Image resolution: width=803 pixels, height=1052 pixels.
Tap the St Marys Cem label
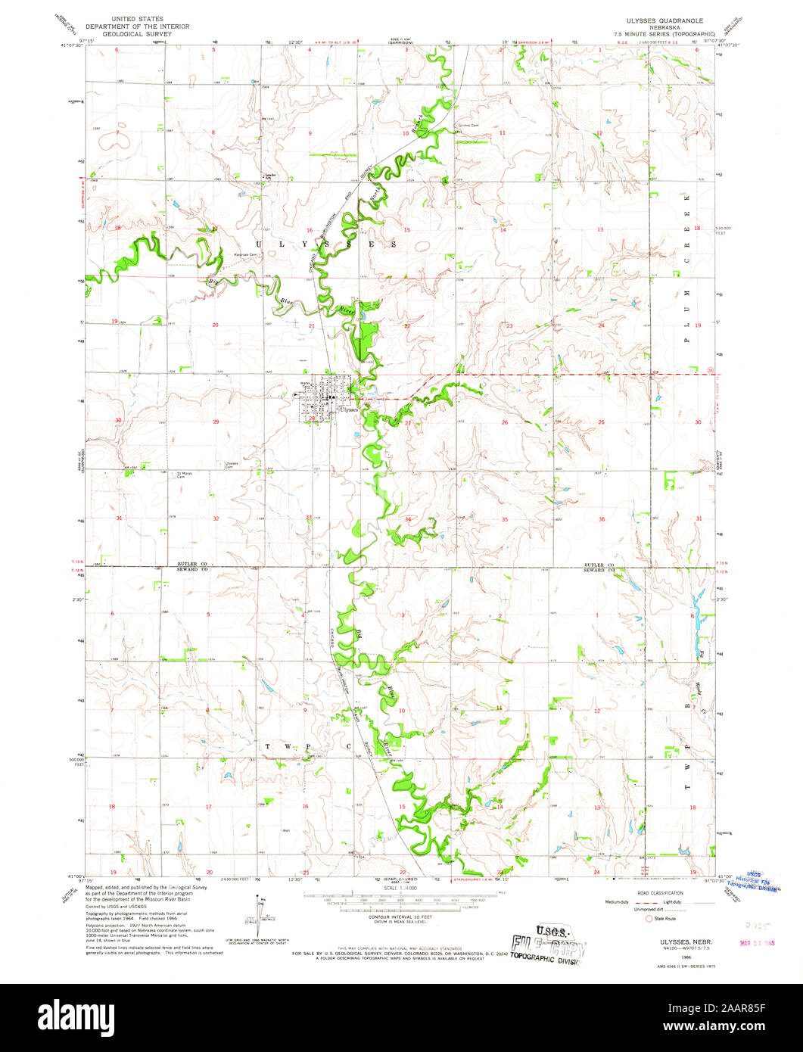[x=185, y=475]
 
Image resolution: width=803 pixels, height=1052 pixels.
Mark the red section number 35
[x=504, y=519]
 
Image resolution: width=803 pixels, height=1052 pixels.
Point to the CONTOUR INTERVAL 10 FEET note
[x=398, y=914]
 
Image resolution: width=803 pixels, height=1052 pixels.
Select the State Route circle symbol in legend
[x=649, y=919]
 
